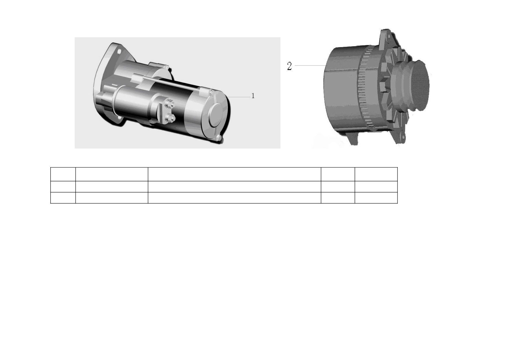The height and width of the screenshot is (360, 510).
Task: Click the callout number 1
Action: (253, 96)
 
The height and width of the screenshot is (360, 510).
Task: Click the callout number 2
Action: (289, 66)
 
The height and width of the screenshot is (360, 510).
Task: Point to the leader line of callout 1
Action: (239, 96)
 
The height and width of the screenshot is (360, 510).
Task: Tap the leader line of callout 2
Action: (310, 66)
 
